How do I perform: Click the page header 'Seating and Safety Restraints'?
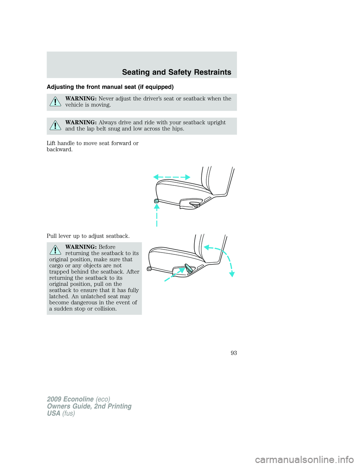pyautogui.click(x=177, y=72)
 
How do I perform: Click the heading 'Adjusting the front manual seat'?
pyautogui.click(x=110, y=87)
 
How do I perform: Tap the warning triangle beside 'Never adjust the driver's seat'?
pyautogui.click(x=55, y=102)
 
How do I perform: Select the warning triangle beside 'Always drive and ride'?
pyautogui.click(x=55, y=125)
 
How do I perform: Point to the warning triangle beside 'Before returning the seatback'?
pyautogui.click(x=55, y=250)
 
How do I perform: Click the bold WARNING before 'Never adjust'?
pyautogui.click(x=81, y=99)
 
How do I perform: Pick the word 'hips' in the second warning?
pyautogui.click(x=177, y=129)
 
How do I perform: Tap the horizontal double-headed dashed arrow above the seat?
pyautogui.click(x=172, y=177)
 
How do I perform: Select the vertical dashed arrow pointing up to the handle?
pyautogui.click(x=157, y=215)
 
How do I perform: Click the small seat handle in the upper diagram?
pyautogui.click(x=156, y=201)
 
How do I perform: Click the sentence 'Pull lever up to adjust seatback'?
pyautogui.click(x=88, y=236)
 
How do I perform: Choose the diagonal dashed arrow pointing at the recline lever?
pyautogui.click(x=174, y=275)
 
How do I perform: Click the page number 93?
pyautogui.click(x=234, y=353)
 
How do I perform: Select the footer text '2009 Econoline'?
pyautogui.click(x=70, y=399)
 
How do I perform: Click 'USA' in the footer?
pyautogui.click(x=54, y=413)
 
